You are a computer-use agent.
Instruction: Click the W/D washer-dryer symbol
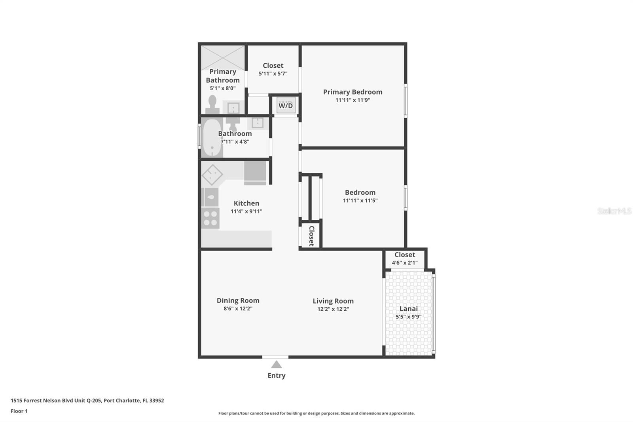[286, 105]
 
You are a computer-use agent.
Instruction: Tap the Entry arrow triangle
[277, 364]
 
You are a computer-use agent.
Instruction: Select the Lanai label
[409, 308]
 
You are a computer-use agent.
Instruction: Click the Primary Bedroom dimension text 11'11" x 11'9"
[353, 100]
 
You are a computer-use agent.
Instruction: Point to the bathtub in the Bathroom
[212, 137]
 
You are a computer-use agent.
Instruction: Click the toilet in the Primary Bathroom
[212, 105]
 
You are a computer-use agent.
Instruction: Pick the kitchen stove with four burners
[210, 218]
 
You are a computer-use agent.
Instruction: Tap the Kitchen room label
[246, 203]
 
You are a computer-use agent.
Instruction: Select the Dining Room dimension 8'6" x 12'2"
[238, 308]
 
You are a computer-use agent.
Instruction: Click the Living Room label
[333, 301]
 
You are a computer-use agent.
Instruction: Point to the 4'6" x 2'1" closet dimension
[405, 263]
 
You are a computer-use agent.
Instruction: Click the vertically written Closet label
[312, 236]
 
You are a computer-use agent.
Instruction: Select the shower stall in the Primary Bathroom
[223, 58]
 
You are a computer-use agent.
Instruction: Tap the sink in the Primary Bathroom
[233, 108]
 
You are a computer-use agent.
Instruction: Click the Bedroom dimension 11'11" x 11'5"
[360, 201]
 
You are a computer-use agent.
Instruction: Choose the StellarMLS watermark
[614, 211]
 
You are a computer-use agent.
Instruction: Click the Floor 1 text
[19, 411]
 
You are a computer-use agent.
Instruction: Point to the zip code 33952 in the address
[157, 401]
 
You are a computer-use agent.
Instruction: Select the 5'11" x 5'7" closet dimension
[273, 74]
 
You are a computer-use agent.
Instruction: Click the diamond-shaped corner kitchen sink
[212, 174]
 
